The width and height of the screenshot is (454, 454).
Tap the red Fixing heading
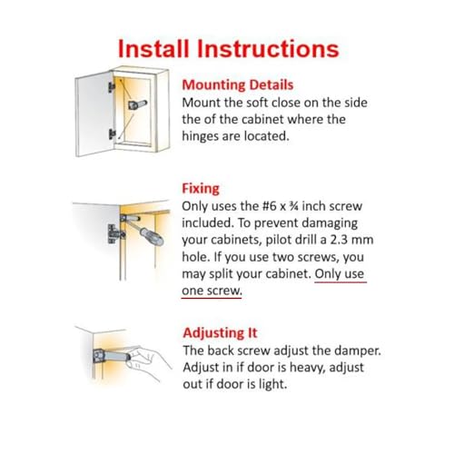201,188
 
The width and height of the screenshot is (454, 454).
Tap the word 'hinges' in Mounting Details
205,136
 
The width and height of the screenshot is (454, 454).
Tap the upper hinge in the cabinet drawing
113,84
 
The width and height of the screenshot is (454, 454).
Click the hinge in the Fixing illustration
114,231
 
